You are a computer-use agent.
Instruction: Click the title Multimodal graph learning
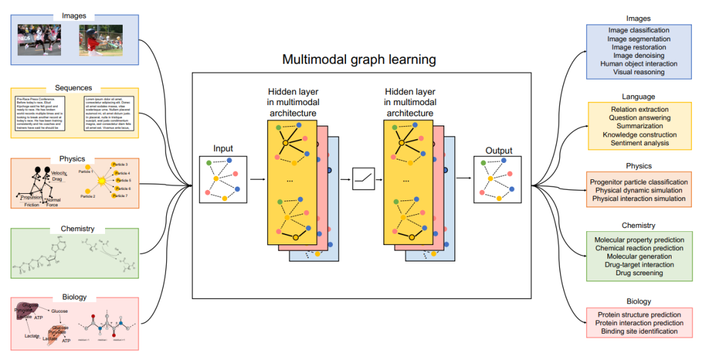click(359, 60)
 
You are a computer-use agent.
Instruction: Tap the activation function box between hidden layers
click(364, 179)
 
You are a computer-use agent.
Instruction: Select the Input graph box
click(223, 179)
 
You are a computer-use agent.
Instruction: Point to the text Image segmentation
click(638, 39)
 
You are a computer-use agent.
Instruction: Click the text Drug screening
click(639, 273)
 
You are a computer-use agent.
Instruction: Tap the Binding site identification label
click(639, 331)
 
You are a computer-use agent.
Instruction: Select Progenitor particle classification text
click(639, 182)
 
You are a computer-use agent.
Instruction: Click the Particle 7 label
click(120, 196)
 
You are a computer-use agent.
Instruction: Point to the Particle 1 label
click(87, 171)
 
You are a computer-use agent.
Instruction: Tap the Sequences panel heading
click(74, 87)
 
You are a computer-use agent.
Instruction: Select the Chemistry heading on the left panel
click(77, 229)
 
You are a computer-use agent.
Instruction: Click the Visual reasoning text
click(638, 72)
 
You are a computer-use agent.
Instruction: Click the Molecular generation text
click(639, 257)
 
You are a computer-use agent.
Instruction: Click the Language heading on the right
click(638, 97)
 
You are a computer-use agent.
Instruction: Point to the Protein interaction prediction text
click(639, 323)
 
